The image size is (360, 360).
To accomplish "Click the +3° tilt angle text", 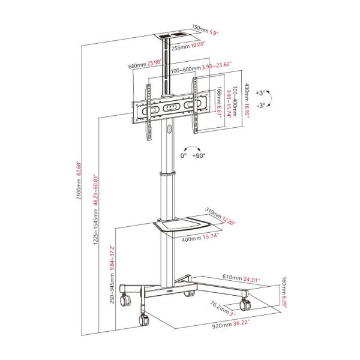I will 259,93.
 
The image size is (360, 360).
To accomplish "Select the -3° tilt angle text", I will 259,106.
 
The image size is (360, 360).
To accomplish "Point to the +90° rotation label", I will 199,155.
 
